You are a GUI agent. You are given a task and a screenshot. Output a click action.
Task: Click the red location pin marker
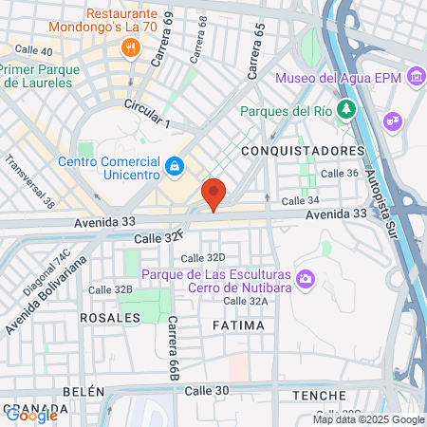coord(213,194)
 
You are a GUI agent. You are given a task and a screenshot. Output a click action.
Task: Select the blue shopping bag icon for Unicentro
coord(174,167)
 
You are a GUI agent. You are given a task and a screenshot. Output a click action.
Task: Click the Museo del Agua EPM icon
coord(415,75)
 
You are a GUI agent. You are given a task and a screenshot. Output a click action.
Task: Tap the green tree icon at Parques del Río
coord(347,109)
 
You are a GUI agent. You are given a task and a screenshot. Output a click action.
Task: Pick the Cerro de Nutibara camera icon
coord(306,278)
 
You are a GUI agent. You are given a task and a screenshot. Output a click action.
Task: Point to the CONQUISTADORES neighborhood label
coord(304,151)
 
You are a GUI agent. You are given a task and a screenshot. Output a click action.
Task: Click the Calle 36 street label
coord(339,173)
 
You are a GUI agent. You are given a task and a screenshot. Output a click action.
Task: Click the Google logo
coord(31,415)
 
